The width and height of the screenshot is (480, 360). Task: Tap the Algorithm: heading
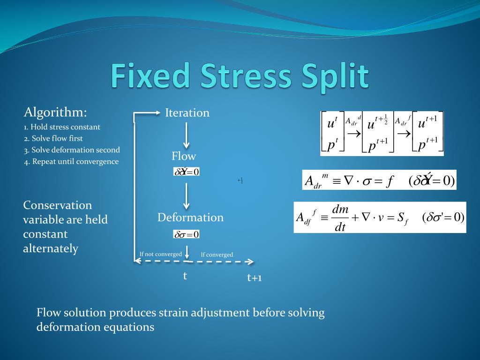(x=55, y=112)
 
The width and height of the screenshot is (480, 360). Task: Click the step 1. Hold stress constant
(x=62, y=127)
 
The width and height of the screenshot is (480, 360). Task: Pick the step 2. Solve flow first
(x=53, y=138)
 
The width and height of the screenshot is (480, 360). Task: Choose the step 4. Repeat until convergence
(x=71, y=162)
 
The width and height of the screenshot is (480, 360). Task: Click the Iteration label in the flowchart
(x=187, y=113)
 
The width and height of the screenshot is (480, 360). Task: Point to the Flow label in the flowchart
(x=184, y=156)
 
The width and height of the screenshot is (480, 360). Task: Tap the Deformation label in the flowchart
(x=190, y=217)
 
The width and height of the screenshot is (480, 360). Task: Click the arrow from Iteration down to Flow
(x=187, y=135)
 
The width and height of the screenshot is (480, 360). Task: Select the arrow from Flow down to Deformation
(x=187, y=196)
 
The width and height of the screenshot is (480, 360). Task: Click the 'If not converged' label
(x=160, y=254)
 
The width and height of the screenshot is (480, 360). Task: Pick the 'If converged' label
(x=217, y=255)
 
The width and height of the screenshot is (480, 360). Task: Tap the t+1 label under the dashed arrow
(x=255, y=278)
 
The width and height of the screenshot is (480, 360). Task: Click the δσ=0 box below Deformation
(x=187, y=234)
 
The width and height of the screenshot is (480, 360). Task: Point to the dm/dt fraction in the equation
(x=340, y=218)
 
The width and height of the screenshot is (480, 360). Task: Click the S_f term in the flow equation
(x=400, y=218)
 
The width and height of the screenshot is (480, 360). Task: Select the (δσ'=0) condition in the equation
(x=443, y=217)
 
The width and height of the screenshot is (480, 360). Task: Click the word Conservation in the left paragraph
(x=58, y=205)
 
